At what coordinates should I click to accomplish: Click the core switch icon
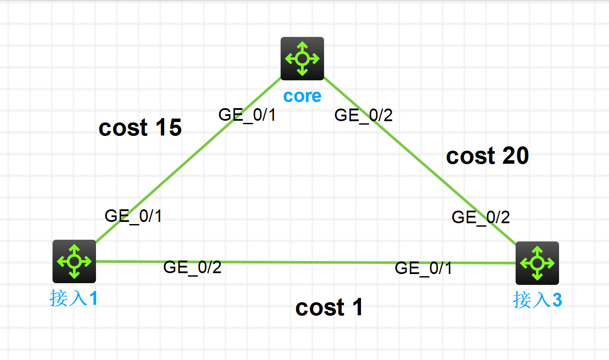302,59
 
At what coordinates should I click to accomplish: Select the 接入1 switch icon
74,261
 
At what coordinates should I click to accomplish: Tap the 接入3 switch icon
537,263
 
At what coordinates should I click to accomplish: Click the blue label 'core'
302,96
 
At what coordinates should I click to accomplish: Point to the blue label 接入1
74,298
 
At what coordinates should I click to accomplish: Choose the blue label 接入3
537,300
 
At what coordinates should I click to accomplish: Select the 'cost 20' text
487,155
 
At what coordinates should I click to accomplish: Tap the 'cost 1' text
329,307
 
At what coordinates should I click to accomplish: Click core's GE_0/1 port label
247,115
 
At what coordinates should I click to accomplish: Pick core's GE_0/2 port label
364,115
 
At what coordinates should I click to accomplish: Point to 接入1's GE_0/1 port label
133,216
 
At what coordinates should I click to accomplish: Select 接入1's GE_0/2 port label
192,268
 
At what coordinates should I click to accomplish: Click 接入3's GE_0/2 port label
481,218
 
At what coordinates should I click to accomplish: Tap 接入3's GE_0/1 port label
424,268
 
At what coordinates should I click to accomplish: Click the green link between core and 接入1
189,160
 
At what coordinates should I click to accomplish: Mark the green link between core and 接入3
420,161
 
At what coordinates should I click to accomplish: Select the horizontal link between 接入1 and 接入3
306,262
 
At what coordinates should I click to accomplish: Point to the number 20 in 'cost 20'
516,155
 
